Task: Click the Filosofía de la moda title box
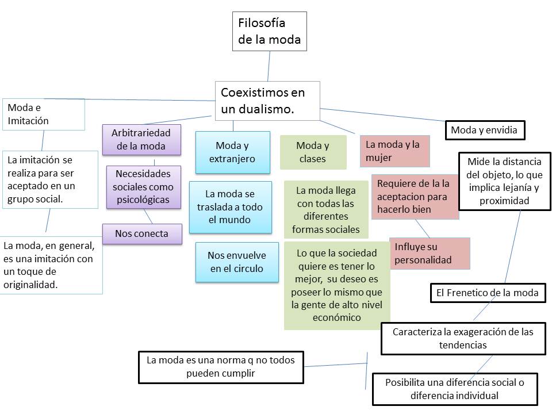[x=270, y=32]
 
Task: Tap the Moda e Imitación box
[x=43, y=114]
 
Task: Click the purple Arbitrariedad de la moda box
[x=141, y=140]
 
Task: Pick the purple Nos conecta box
[x=142, y=233]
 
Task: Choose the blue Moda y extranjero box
[x=232, y=152]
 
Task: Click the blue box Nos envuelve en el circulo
[x=233, y=262]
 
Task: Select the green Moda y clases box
[x=313, y=152]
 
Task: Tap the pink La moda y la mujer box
[x=394, y=151]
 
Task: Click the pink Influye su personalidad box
[x=430, y=253]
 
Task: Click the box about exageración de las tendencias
[x=463, y=338]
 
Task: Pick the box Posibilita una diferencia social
[x=454, y=389]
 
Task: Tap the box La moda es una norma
[x=221, y=366]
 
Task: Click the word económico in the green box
[x=337, y=317]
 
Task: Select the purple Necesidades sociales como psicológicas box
[x=144, y=186]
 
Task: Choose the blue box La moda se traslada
[x=230, y=207]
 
